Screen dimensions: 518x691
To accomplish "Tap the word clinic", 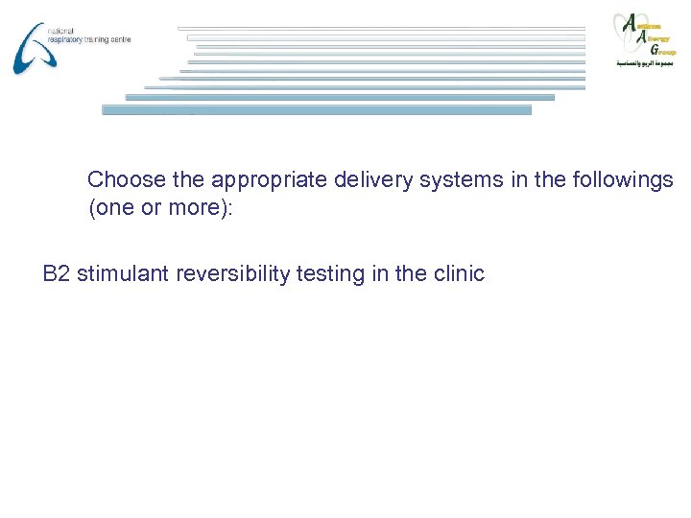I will click(459, 274).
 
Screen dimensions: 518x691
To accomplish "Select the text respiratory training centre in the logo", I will click(87, 39).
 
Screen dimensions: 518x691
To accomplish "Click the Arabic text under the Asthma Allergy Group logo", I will click(645, 62).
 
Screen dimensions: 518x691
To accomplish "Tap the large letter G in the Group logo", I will click(655, 49).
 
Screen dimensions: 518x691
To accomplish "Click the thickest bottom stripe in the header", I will click(317, 109).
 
